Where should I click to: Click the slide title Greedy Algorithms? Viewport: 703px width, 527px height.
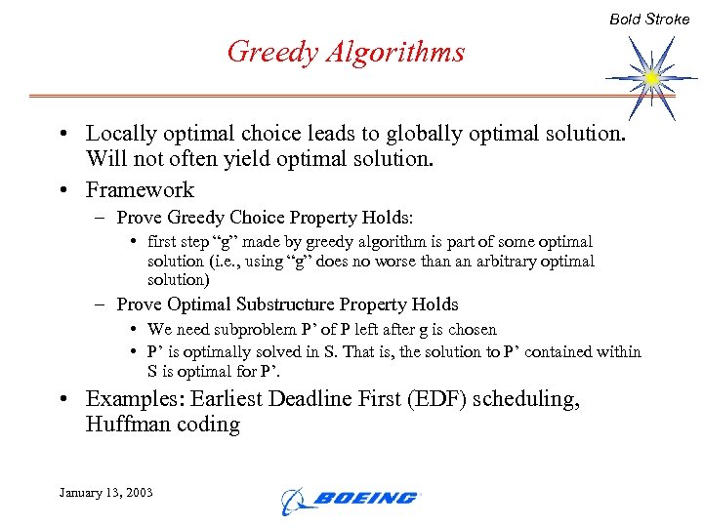[346, 51]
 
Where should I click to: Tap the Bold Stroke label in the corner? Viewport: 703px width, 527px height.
[649, 19]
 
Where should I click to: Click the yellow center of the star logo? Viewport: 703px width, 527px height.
[652, 76]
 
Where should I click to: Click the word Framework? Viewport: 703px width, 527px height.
[140, 189]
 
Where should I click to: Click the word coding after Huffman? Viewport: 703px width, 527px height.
[208, 425]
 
